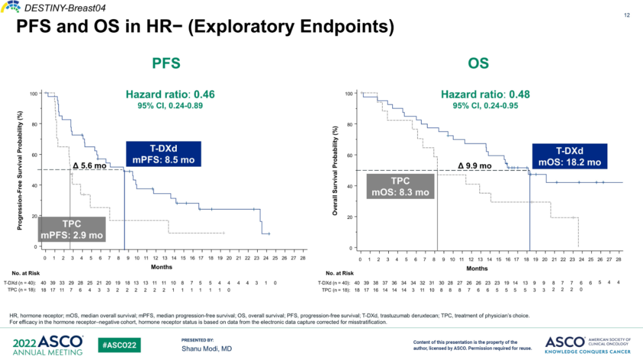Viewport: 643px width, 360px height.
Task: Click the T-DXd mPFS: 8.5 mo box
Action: click(164, 154)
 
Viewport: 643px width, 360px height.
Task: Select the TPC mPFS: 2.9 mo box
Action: click(71, 230)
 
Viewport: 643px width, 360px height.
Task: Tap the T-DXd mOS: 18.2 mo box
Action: click(569, 156)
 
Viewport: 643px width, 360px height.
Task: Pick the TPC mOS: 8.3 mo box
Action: click(400, 186)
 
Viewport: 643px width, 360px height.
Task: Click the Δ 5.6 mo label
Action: click(89, 166)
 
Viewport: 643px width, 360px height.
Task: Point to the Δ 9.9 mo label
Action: click(475, 165)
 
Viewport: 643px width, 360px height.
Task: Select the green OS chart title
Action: click(478, 64)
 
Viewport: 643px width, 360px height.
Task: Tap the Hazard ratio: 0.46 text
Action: click(170, 95)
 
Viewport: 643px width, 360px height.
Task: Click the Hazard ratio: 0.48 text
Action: click(485, 95)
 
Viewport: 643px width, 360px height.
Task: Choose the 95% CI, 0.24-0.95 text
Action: click(485, 106)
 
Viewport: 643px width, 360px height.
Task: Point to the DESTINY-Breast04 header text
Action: click(53, 7)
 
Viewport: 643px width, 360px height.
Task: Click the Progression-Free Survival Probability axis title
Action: click(21, 170)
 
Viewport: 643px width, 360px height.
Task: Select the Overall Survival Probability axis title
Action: click(336, 171)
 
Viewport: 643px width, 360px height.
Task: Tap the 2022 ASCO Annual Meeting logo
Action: click(48, 345)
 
